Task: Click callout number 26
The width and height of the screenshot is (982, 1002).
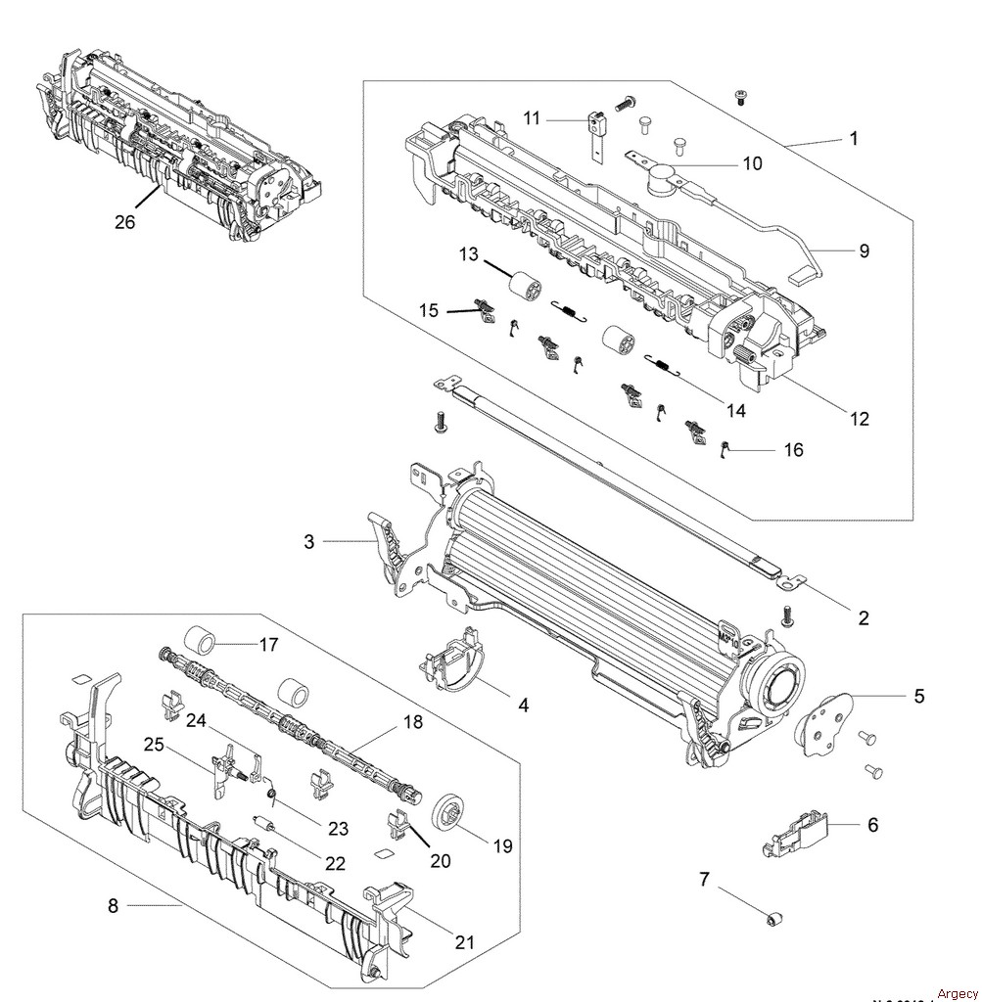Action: (124, 222)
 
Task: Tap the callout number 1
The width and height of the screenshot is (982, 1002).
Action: (853, 138)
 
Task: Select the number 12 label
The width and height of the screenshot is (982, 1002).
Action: (859, 419)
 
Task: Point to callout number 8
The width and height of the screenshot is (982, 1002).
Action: (113, 906)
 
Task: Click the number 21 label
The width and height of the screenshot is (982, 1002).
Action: (464, 942)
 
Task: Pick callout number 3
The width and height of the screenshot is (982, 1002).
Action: (309, 541)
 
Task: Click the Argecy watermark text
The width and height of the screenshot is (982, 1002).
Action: (957, 993)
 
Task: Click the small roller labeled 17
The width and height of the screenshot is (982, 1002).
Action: (201, 642)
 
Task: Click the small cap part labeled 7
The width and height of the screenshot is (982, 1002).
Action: (774, 917)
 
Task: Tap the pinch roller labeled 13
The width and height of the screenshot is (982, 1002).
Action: (528, 290)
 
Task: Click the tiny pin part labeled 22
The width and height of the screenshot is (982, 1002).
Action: (261, 823)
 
